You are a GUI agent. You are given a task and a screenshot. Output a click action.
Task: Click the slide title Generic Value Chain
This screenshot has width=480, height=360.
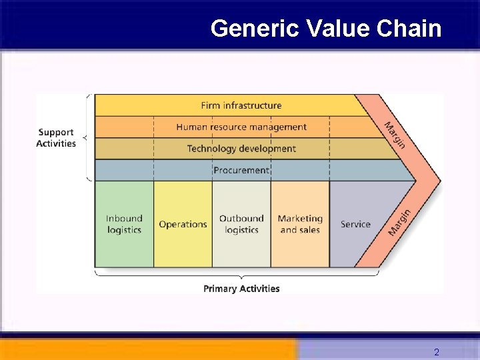(325, 29)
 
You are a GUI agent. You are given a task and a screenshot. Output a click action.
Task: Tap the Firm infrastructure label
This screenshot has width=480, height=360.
(241, 105)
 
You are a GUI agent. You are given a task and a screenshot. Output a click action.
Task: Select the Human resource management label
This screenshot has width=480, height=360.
(241, 127)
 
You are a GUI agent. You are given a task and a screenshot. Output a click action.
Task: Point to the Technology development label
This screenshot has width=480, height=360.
(241, 148)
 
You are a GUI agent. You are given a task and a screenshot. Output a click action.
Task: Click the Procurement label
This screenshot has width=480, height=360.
(241, 170)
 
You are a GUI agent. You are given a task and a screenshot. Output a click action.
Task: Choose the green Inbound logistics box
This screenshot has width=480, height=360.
(124, 224)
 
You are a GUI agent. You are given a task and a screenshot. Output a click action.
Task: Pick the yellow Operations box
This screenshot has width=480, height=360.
(183, 224)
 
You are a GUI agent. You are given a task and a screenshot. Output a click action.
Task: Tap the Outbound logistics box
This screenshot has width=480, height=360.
(241, 224)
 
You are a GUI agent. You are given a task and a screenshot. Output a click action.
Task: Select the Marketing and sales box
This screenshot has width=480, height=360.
(300, 224)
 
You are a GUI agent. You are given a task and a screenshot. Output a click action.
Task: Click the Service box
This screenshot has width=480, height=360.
(355, 224)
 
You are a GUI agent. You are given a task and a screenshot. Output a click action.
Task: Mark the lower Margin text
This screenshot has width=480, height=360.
(400, 221)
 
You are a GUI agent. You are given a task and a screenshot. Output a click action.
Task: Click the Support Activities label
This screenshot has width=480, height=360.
(56, 138)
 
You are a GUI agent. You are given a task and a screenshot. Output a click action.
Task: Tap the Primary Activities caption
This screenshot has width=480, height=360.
(241, 289)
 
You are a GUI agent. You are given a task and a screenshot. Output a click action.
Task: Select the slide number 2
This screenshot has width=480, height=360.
(437, 352)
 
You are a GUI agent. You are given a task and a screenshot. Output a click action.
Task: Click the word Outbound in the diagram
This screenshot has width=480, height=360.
(241, 218)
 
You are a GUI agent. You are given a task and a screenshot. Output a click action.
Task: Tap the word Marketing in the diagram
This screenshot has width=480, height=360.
(300, 218)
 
